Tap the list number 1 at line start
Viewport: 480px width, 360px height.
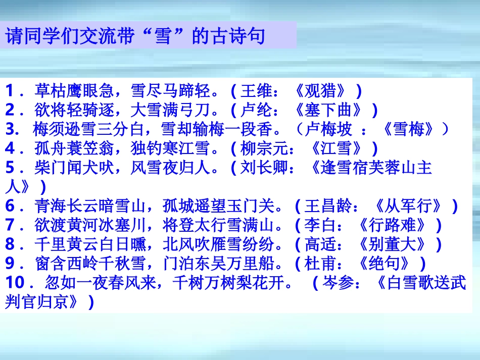pos(10,91)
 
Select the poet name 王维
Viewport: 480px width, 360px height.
pos(256,91)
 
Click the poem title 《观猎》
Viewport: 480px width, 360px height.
pos(321,91)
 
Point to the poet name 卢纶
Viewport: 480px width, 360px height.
pos(256,110)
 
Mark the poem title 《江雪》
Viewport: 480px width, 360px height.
pos(336,148)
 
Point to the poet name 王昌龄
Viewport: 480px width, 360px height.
pos(327,206)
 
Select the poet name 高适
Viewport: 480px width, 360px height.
pos(319,244)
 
